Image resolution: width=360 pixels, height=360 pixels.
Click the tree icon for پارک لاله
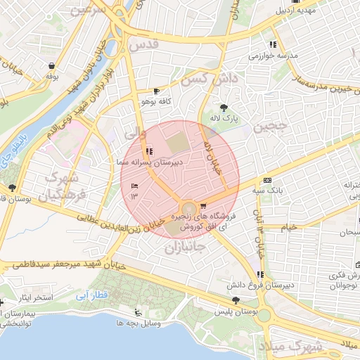(224, 108)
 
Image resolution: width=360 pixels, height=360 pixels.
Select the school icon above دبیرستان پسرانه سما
(148, 151)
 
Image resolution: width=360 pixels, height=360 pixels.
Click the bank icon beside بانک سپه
(267, 180)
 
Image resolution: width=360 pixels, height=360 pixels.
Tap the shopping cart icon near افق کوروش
(203, 206)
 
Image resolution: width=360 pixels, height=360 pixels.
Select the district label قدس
(146, 44)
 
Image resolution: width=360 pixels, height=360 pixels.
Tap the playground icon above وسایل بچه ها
(137, 312)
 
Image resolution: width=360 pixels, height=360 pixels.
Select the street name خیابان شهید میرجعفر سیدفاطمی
(67, 265)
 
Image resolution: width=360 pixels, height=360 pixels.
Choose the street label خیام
(288, 227)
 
